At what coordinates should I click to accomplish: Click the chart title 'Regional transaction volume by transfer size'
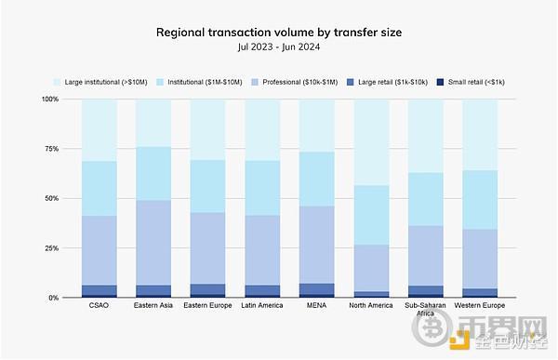tap(279, 33)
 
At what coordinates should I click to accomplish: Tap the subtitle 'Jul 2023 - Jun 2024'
tap(279, 47)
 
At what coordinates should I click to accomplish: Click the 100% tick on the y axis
tap(50, 99)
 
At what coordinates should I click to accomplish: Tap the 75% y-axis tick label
tap(52, 149)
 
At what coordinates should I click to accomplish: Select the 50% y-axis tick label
tap(52, 198)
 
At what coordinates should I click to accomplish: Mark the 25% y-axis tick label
tap(52, 248)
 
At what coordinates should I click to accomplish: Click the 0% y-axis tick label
tap(54, 298)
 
